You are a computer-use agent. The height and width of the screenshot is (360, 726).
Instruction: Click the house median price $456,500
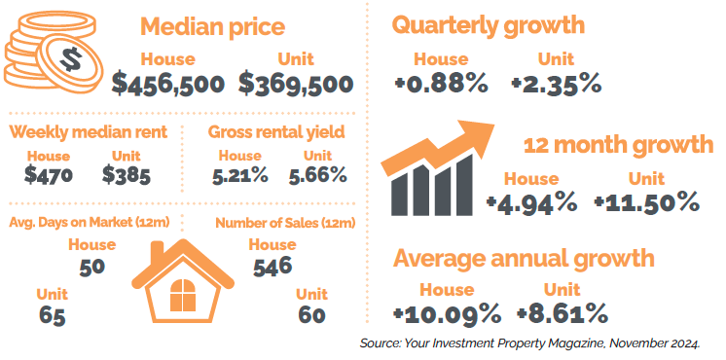(x=168, y=84)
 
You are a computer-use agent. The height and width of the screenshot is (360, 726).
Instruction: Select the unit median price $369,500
(x=296, y=84)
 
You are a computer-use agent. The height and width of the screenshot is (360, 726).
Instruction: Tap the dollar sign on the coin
(x=71, y=60)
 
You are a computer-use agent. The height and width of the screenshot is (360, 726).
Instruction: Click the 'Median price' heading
(x=212, y=26)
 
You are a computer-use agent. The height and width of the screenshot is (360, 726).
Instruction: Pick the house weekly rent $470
(x=48, y=175)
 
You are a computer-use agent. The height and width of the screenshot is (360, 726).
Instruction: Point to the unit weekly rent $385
(x=126, y=175)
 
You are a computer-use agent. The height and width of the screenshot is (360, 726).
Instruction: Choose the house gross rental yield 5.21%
(x=239, y=175)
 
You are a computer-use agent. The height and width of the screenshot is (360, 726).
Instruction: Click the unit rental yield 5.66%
(x=317, y=175)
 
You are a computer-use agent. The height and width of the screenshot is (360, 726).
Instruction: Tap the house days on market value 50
(x=91, y=268)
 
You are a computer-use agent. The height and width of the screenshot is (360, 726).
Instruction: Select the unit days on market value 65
(x=52, y=317)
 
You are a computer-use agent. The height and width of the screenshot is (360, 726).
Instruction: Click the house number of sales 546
(x=272, y=267)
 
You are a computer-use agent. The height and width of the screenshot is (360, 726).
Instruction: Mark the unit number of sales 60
(x=311, y=315)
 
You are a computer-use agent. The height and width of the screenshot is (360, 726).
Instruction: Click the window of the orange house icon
(x=183, y=295)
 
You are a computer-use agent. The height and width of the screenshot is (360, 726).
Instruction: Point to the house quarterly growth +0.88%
(x=441, y=85)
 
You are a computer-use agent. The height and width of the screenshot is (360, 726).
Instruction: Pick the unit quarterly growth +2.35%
(x=556, y=85)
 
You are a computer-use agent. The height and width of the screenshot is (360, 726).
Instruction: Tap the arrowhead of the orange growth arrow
(x=477, y=136)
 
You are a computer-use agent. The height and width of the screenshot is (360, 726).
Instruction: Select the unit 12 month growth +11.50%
(x=646, y=202)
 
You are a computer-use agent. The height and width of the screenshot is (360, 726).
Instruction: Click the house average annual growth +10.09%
(x=447, y=313)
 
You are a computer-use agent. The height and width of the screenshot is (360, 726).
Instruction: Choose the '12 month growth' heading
(x=618, y=145)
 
